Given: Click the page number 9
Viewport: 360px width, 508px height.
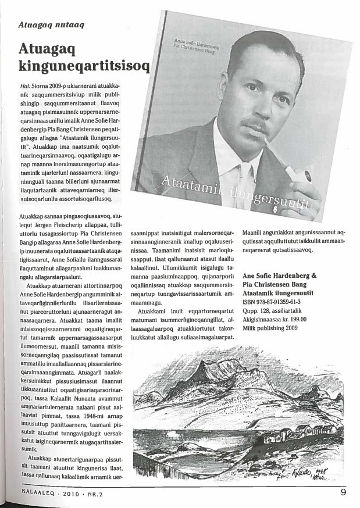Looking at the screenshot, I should point(344,495).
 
